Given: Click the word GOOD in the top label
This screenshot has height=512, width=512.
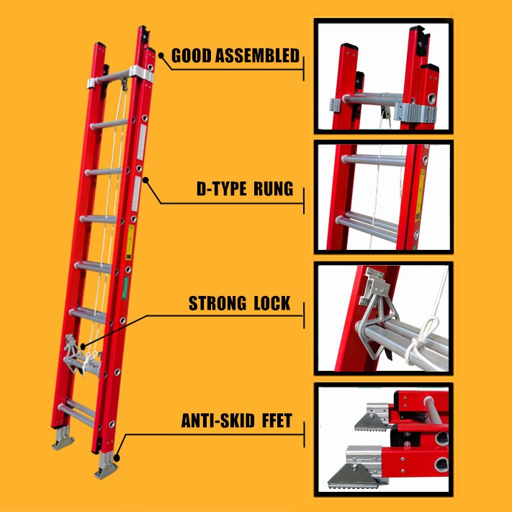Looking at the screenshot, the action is (192, 55).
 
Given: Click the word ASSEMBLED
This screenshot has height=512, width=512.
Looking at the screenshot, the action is (257, 55).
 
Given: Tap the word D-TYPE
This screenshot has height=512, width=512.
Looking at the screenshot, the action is (221, 189).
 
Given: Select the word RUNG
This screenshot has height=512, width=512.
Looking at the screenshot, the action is (274, 189).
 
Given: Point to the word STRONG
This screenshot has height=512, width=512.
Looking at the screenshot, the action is (217, 303).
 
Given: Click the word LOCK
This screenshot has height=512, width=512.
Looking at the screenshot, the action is (272, 303).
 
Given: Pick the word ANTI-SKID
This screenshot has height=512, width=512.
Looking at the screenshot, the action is (217, 421).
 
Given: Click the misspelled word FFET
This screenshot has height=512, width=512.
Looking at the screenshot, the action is (277, 421).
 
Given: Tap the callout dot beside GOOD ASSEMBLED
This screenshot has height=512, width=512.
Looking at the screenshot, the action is (161, 55).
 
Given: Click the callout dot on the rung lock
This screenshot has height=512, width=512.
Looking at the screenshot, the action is (83, 346).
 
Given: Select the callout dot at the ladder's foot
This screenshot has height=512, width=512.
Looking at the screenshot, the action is (117, 459).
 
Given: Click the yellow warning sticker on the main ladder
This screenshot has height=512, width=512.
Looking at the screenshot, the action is (130, 242).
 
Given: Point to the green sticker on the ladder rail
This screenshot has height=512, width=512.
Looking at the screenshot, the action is (125, 287).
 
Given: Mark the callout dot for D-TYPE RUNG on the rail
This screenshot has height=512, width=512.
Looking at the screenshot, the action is (145, 180).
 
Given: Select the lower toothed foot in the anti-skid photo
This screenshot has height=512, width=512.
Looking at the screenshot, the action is (354, 475).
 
